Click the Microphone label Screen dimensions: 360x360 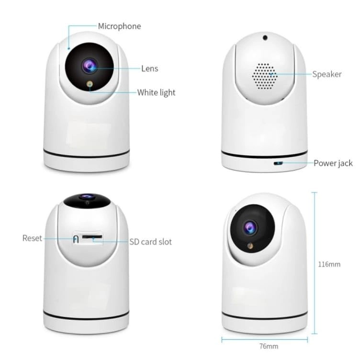point(119,26)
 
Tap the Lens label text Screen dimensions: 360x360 point(150,68)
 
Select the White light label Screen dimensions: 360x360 point(157,92)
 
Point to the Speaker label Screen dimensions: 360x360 point(327,74)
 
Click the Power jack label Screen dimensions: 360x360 point(333,163)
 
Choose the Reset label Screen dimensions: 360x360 point(32,238)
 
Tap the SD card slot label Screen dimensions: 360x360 point(151,242)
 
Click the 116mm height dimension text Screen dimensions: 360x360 point(329,264)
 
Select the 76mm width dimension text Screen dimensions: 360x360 point(269,346)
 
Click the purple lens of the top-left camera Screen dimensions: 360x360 point(90,66)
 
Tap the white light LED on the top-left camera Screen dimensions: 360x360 point(90,84)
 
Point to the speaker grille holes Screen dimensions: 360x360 point(265,76)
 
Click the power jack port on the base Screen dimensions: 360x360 point(278,163)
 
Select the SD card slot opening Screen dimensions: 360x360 point(92,236)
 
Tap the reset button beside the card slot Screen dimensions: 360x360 point(76,239)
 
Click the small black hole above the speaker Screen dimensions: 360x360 point(265,37)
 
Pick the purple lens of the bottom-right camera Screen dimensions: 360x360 point(250,228)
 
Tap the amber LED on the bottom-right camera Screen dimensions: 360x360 point(250,246)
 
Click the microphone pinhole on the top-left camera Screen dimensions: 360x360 point(68,48)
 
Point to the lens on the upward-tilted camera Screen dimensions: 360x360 point(87,197)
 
